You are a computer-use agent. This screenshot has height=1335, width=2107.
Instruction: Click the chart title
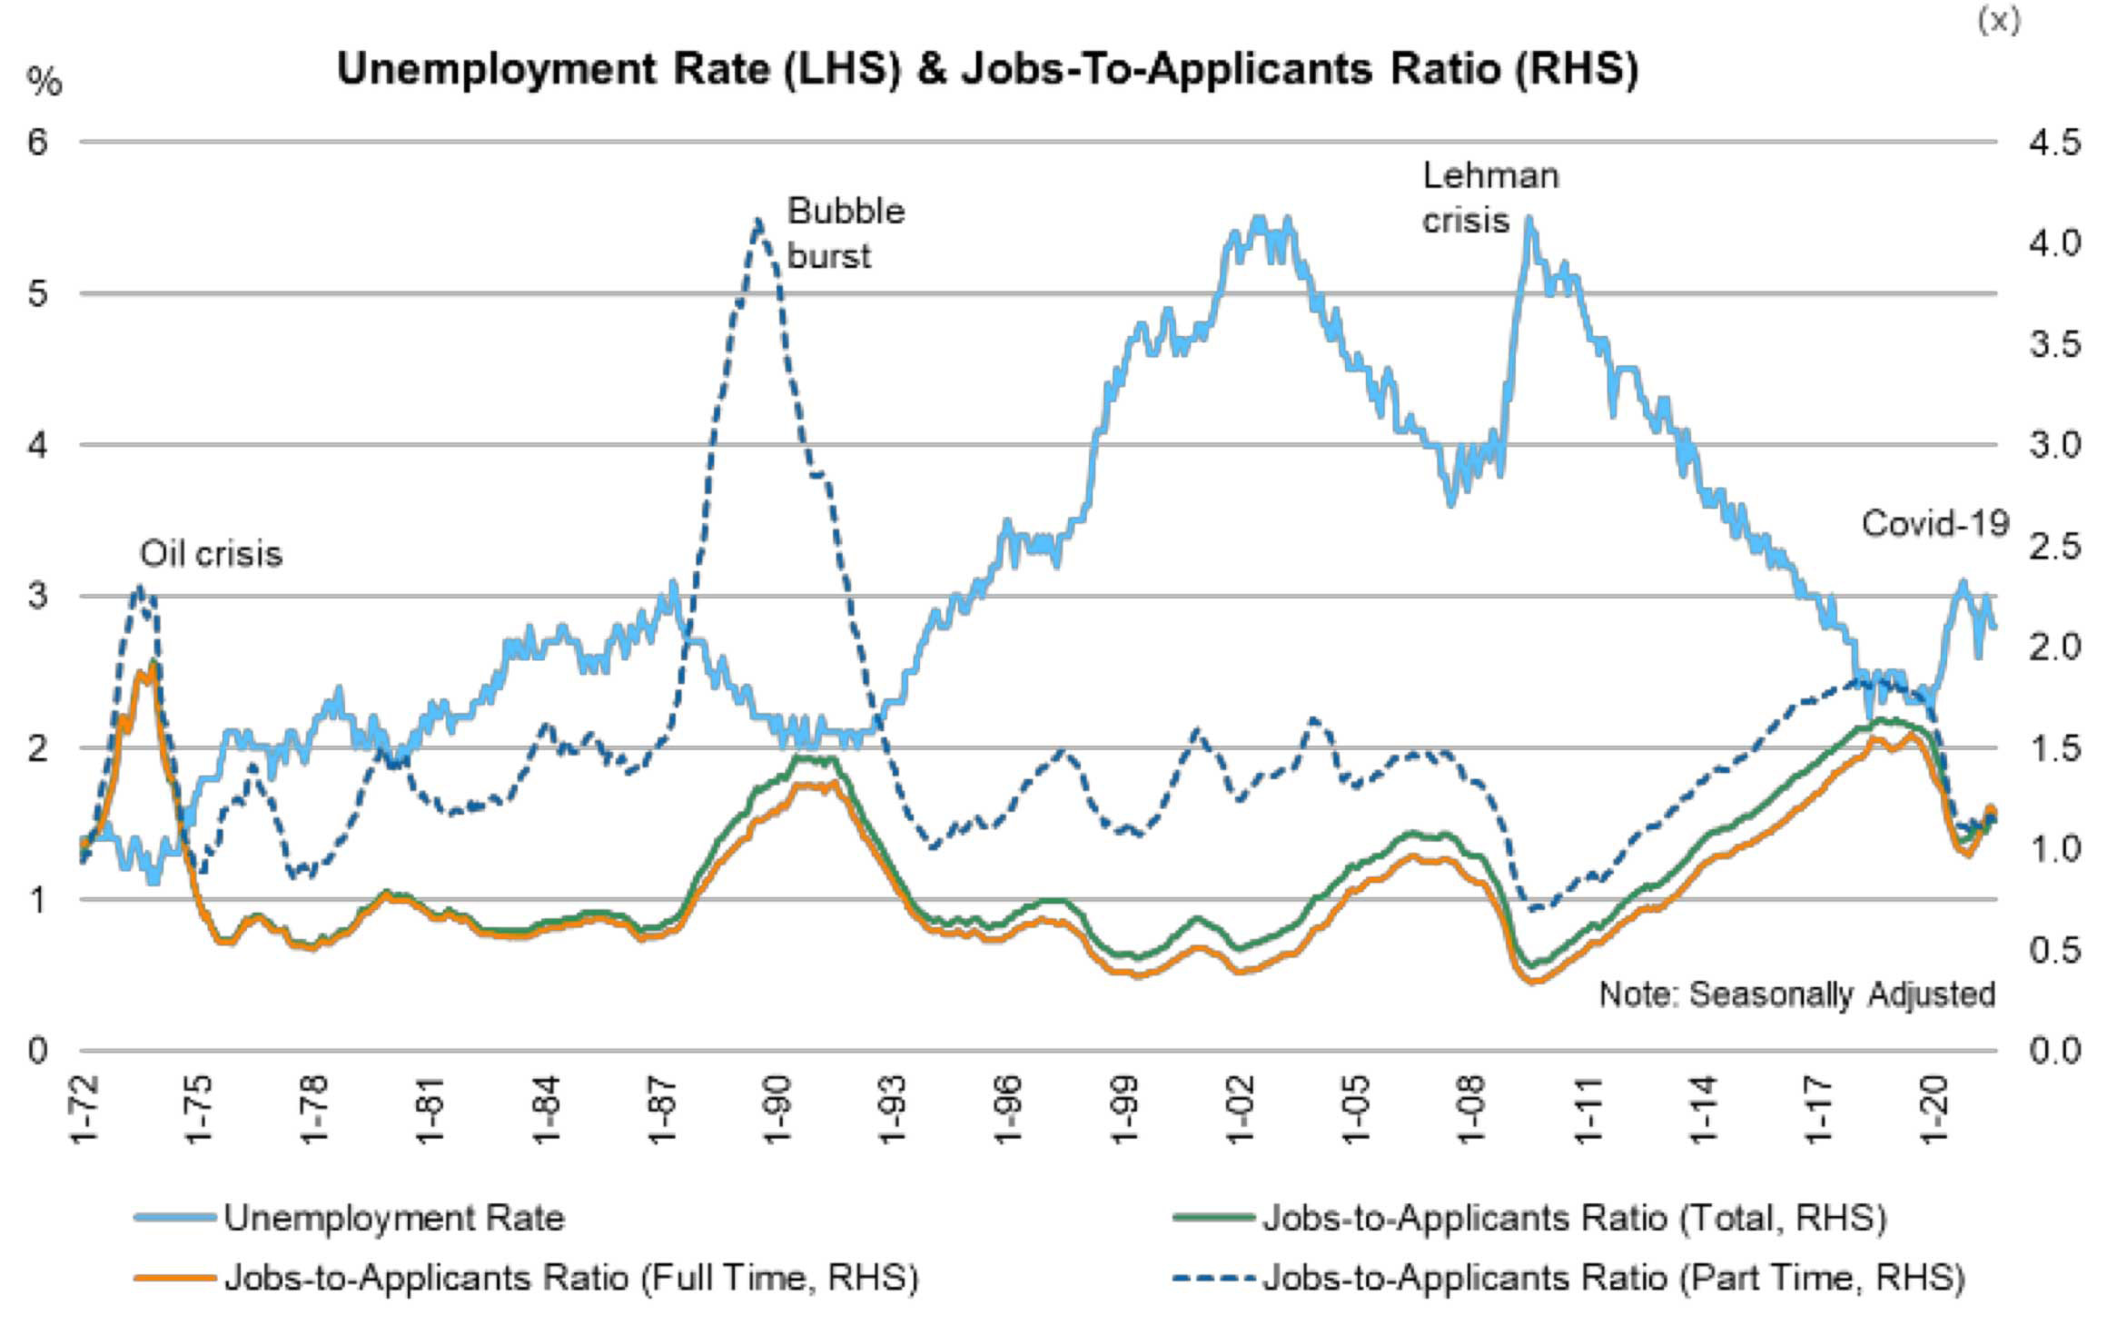[x=987, y=69]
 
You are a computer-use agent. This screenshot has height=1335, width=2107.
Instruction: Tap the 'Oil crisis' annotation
[x=211, y=553]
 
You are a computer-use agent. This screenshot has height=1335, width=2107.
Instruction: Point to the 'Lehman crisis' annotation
[x=1489, y=198]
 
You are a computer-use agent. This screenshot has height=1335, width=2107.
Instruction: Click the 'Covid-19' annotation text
[x=1934, y=524]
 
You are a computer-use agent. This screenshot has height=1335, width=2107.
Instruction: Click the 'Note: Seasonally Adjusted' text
[x=1796, y=994]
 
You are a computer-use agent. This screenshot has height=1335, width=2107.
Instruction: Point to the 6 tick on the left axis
[x=37, y=143]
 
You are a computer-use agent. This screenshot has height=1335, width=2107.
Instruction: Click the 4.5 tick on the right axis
[x=2054, y=143]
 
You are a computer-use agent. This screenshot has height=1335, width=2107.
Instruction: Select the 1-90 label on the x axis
[x=777, y=1110]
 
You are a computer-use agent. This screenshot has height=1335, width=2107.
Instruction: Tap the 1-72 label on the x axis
[x=84, y=1110]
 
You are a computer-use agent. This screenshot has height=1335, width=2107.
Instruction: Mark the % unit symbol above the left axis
[x=44, y=83]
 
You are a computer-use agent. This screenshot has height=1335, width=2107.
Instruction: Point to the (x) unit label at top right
[x=1999, y=20]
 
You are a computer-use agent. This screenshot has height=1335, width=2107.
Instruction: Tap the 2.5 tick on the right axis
[x=2054, y=547]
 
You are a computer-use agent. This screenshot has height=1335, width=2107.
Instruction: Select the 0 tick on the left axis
[x=37, y=1051]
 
